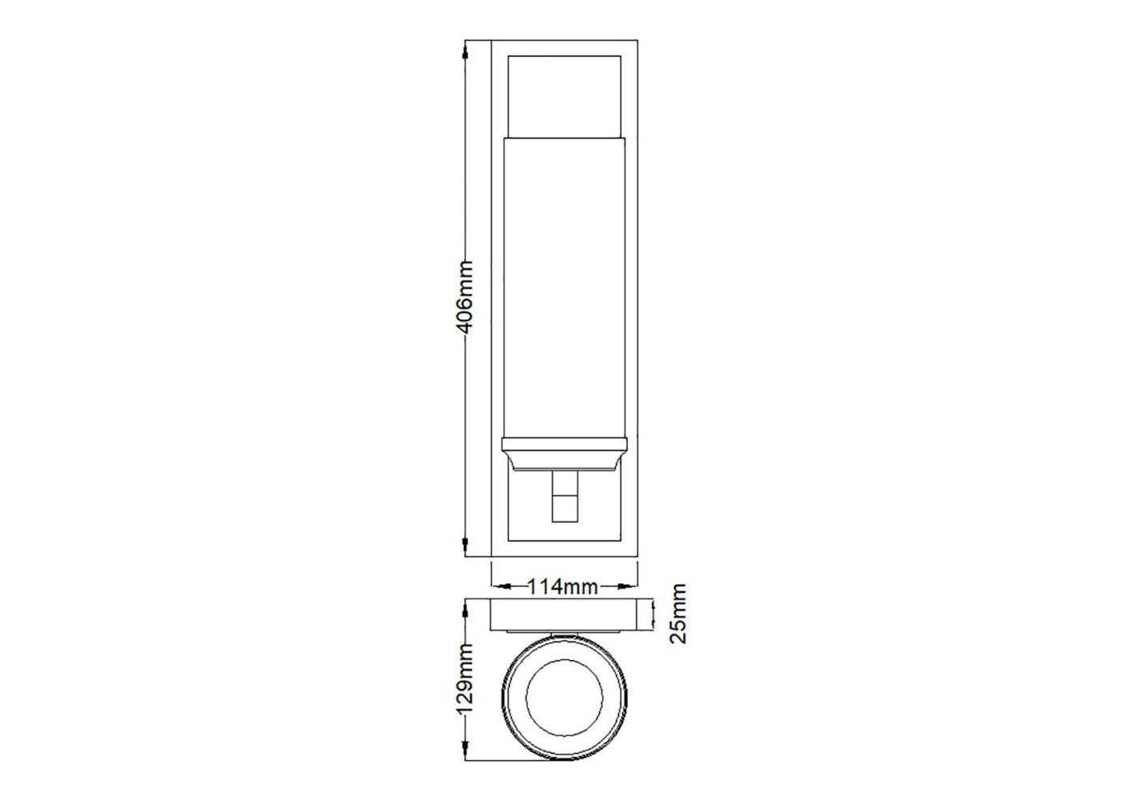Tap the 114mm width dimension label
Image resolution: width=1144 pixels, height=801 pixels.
point(562,587)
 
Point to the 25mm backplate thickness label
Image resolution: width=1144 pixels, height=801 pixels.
point(678,614)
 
